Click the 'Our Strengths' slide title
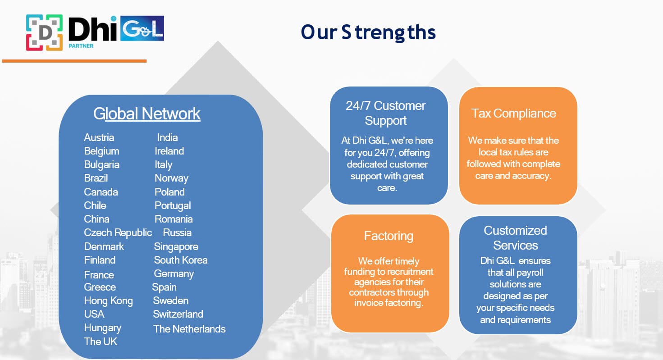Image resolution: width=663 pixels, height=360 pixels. (x=368, y=32)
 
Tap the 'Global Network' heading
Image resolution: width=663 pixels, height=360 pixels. (x=147, y=114)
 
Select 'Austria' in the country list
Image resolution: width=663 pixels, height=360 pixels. (x=99, y=137)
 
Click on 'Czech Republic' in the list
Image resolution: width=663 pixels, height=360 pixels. (x=118, y=233)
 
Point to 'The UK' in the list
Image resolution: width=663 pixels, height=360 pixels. (x=101, y=342)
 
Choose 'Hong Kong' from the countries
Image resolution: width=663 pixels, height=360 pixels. (x=108, y=301)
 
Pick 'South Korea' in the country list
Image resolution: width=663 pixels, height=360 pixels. (x=181, y=260)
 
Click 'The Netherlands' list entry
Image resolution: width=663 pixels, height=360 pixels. (x=189, y=329)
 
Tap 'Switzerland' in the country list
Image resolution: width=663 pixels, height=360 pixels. (x=178, y=314)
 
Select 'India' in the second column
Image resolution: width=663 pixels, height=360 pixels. (x=167, y=137)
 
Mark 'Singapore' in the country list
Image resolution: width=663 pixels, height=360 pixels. (x=176, y=247)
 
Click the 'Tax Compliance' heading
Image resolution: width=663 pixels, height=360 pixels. (x=513, y=114)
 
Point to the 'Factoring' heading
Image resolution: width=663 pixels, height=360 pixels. (x=389, y=236)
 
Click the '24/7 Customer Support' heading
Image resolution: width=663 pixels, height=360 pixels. (x=386, y=113)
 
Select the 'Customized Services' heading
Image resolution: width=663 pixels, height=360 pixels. (x=515, y=238)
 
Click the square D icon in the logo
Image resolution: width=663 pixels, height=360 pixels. (x=45, y=32)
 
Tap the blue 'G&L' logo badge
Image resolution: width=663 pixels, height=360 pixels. (x=142, y=28)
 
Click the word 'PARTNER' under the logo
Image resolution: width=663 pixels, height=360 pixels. (x=81, y=46)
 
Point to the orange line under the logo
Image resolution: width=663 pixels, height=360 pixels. (x=74, y=61)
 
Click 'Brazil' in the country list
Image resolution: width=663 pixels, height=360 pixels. (x=96, y=178)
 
